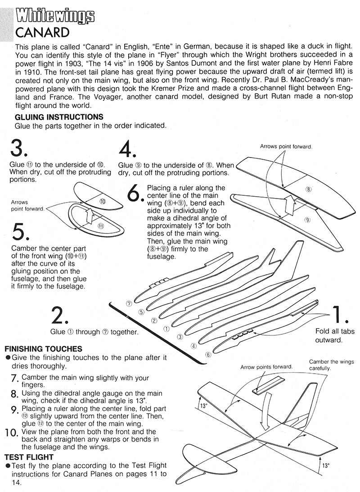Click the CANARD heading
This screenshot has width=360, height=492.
point(42,33)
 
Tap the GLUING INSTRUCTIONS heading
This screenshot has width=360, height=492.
point(59,117)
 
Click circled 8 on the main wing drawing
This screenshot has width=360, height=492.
point(309,190)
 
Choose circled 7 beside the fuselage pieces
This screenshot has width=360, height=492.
point(129,303)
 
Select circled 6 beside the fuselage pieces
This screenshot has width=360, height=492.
point(208,354)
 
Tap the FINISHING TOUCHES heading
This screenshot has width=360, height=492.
point(43,349)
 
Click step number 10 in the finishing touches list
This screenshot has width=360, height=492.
point(10,433)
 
